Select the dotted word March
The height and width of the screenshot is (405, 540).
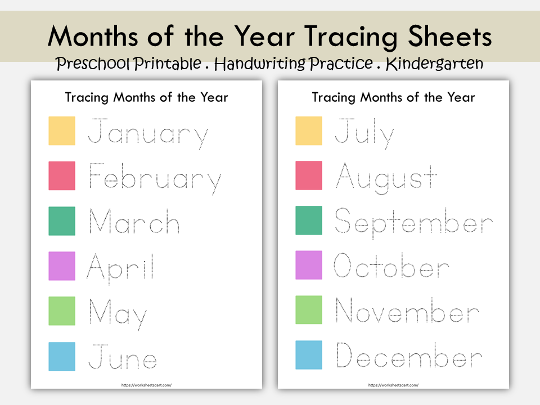(x=134, y=222)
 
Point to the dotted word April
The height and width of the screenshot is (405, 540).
(x=120, y=267)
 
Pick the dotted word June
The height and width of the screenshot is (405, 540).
(x=122, y=358)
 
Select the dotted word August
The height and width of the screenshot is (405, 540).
(x=386, y=178)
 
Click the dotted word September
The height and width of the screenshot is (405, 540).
(x=413, y=223)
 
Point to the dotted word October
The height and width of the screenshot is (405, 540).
(x=391, y=267)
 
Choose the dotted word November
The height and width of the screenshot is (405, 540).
(x=407, y=312)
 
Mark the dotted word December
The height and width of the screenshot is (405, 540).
(x=409, y=357)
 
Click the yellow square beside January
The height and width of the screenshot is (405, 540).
(x=62, y=130)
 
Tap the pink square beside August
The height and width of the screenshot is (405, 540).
(x=309, y=175)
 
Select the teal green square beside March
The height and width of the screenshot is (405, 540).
(x=62, y=220)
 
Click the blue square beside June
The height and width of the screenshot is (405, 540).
(x=62, y=356)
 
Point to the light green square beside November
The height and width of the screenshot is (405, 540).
(x=309, y=310)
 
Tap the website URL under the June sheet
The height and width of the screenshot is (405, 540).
(x=146, y=385)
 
